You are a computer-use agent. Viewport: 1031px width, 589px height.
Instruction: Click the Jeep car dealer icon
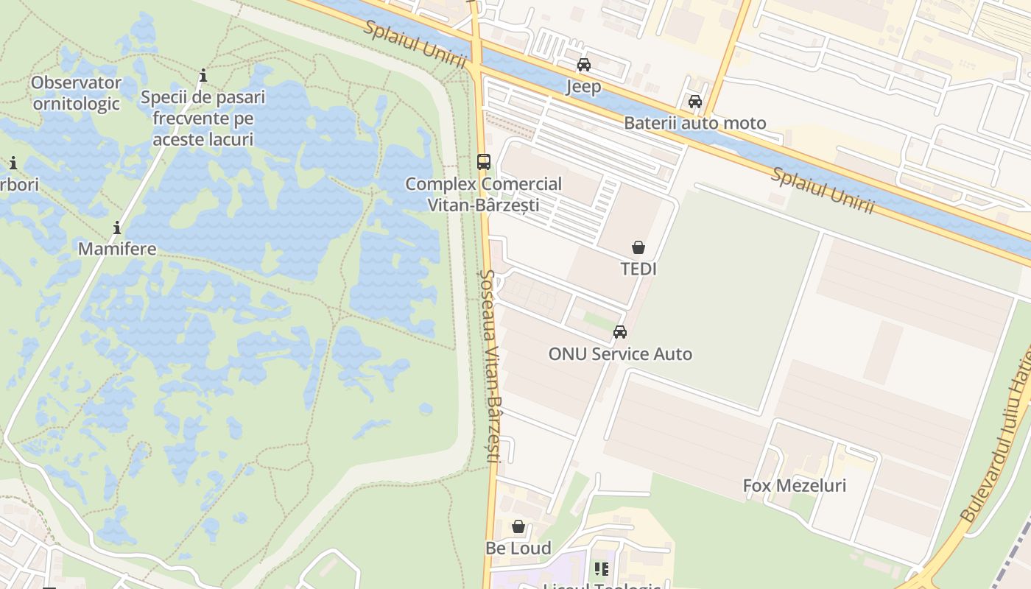[x=584, y=65]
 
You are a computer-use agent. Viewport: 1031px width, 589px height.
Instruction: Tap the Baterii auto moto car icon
[x=694, y=102]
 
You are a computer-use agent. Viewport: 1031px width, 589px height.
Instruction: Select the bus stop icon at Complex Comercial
[x=484, y=161]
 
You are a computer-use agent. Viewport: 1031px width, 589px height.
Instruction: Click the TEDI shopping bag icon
[x=638, y=247]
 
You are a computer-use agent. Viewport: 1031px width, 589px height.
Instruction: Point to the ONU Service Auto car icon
[x=620, y=332]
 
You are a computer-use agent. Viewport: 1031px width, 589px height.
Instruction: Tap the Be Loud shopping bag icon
[x=518, y=526]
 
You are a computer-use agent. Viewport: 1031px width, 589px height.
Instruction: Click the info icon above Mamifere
[x=116, y=228]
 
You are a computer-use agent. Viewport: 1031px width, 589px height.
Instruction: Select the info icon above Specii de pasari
[x=203, y=76]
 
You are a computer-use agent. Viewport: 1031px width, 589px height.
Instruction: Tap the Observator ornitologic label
[x=76, y=93]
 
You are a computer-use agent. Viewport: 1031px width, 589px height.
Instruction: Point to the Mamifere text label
[x=117, y=249]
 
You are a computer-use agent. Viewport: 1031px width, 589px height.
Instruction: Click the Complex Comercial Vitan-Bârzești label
[x=483, y=194]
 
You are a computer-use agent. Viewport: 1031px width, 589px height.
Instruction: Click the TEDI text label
[x=638, y=269]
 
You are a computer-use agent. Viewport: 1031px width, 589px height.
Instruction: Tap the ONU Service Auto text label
[x=620, y=354]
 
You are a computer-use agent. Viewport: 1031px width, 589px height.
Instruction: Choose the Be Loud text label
[x=518, y=549]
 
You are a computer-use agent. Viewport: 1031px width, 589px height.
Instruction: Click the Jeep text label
[x=583, y=87]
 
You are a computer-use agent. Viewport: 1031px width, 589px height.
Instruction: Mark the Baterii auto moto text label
[x=694, y=123]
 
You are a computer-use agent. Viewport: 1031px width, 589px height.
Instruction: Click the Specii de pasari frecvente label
[x=203, y=118]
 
